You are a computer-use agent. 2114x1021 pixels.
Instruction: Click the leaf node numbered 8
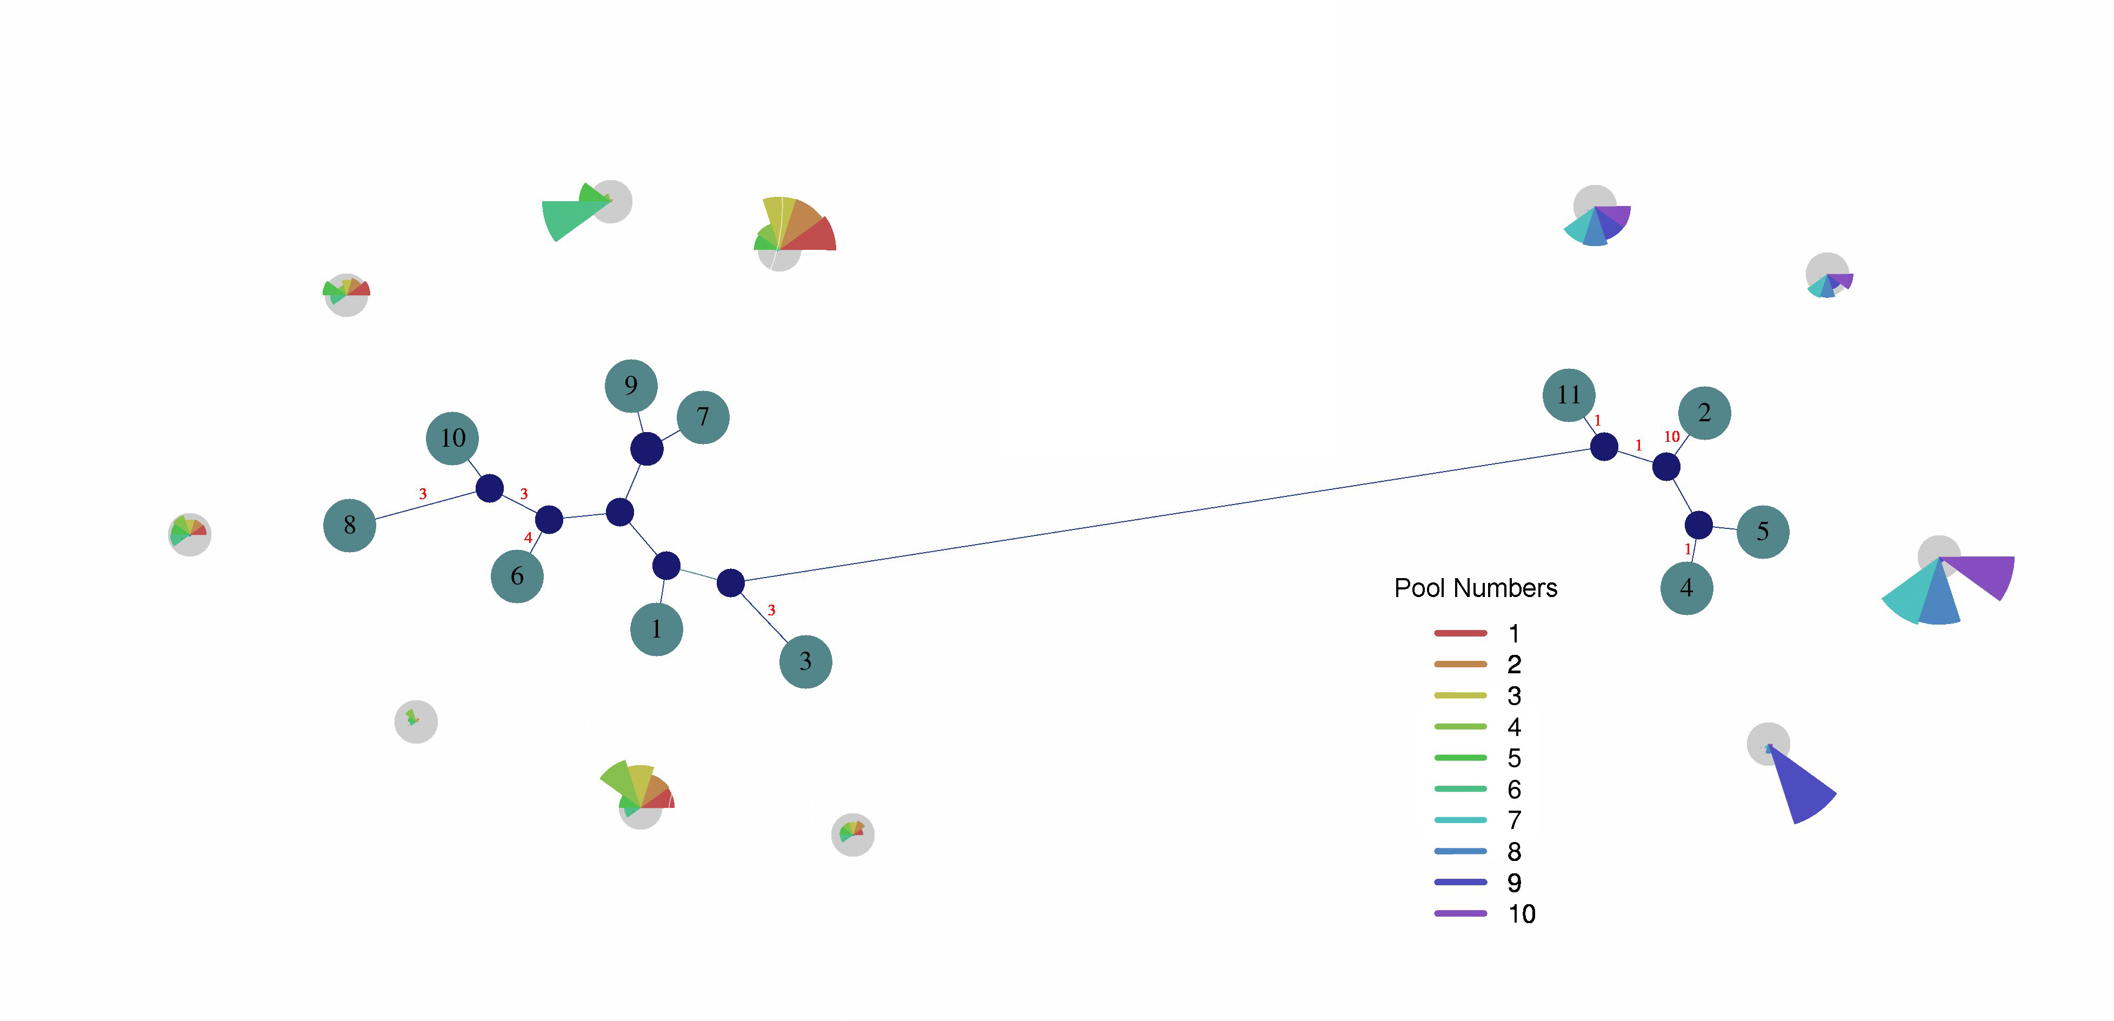click(350, 525)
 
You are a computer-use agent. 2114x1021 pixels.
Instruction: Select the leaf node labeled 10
click(452, 438)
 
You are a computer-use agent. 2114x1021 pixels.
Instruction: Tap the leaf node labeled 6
click(517, 576)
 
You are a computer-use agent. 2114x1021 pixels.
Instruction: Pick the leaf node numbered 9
click(631, 386)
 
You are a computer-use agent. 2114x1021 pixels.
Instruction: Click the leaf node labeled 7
click(703, 417)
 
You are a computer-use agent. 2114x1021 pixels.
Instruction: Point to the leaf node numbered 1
click(657, 629)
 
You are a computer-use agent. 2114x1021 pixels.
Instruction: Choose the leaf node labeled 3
click(805, 661)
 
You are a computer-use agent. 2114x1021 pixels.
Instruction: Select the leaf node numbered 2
click(1704, 413)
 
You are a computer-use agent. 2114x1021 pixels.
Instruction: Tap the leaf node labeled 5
click(1763, 532)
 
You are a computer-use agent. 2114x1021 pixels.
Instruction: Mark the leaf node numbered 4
click(1686, 588)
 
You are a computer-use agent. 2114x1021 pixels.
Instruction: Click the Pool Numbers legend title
click(1476, 588)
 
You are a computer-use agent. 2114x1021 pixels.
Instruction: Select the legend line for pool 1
click(1461, 633)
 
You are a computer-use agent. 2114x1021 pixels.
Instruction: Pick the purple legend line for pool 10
click(1461, 913)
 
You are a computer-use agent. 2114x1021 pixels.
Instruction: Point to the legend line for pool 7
click(1461, 819)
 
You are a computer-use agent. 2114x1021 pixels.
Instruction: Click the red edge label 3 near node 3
click(771, 610)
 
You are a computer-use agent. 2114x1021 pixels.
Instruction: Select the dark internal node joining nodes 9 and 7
click(646, 449)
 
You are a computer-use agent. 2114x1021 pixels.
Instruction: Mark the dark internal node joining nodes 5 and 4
click(1699, 525)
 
